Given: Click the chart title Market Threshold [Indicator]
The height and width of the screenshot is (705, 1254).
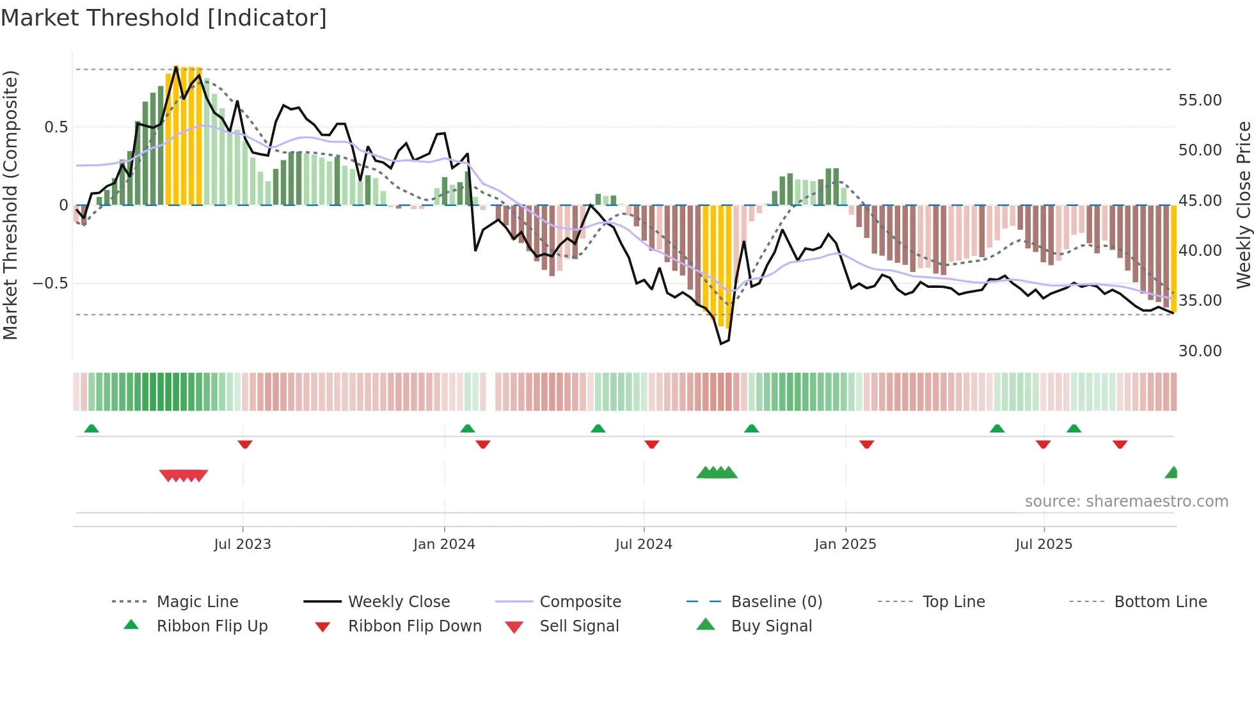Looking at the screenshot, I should tap(164, 18).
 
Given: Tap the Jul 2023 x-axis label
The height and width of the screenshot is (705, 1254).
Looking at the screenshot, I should tap(242, 544).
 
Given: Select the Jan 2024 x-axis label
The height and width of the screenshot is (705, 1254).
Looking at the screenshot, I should tap(444, 544).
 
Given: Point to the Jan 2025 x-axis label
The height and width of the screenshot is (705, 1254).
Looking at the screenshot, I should tap(845, 544).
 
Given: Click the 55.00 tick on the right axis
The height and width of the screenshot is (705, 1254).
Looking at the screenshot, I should tap(1200, 100).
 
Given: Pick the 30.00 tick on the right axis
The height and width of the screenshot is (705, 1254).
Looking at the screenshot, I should tap(1200, 351).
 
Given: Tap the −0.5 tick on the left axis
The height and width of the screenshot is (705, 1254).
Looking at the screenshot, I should tap(51, 283).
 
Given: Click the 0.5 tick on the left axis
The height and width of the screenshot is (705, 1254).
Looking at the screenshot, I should tap(56, 127).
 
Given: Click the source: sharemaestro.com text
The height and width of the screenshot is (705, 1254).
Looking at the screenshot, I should tap(1126, 502).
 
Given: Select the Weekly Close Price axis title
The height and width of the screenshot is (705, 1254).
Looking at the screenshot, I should tap(1243, 205).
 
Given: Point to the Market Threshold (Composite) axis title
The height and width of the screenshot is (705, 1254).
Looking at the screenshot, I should tap(10, 205).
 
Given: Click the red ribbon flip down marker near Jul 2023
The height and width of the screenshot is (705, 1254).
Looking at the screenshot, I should tap(245, 444).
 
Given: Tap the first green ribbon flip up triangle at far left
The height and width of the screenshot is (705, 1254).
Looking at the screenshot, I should tap(91, 429).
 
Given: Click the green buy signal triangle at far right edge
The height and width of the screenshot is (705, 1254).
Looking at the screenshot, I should tap(1172, 473).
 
